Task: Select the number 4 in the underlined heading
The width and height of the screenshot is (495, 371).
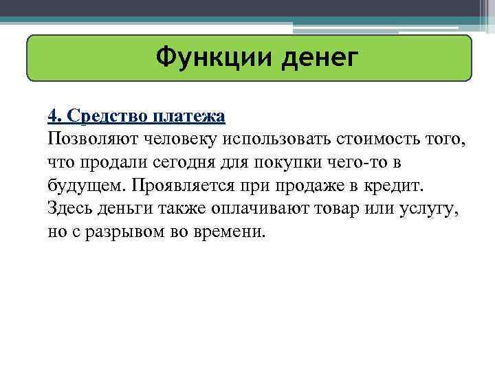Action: coord(52,115)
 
